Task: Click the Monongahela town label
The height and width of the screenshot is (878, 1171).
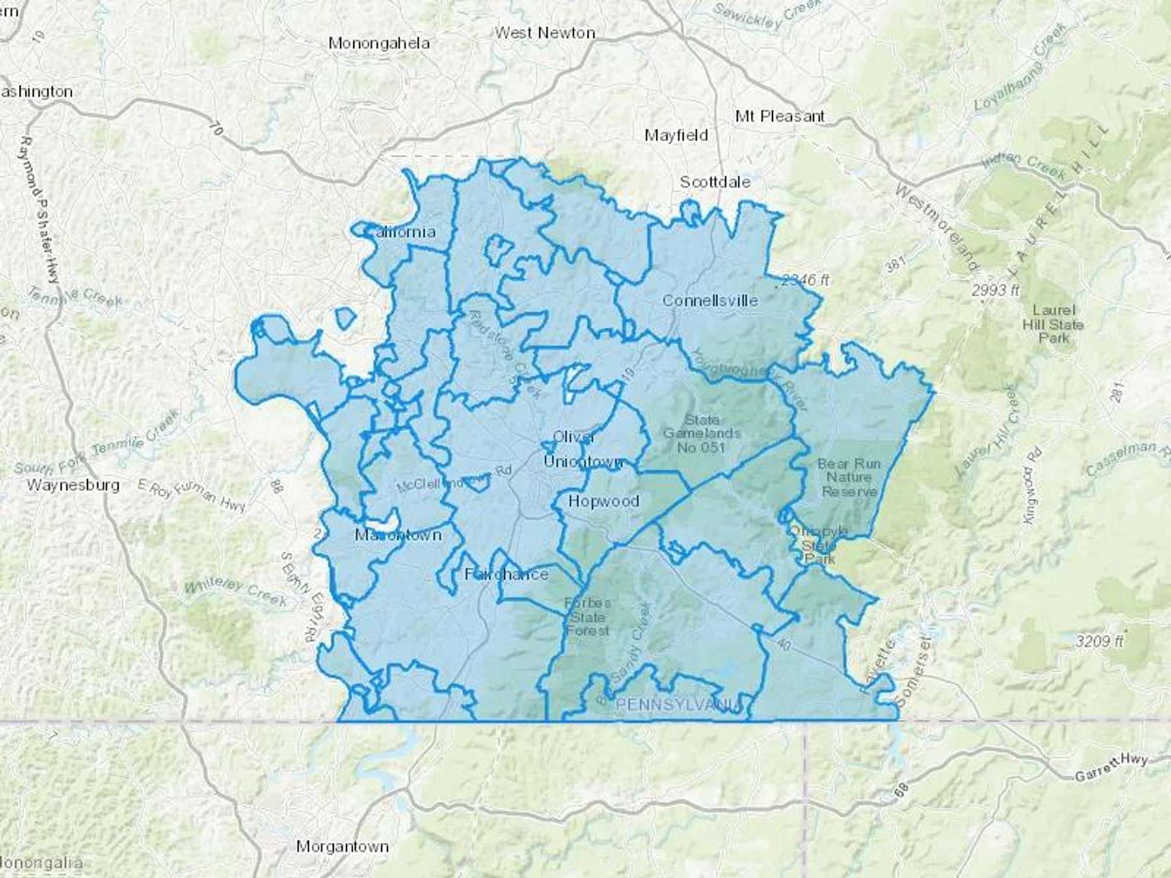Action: [x=379, y=44]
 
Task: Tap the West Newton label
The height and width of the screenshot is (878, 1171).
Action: [x=545, y=33]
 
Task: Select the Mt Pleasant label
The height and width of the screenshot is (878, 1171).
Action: [x=779, y=116]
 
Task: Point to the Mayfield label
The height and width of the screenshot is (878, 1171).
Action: [x=676, y=135]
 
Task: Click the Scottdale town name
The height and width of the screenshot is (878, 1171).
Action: [x=714, y=182]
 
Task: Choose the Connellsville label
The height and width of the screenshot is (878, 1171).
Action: [x=710, y=300]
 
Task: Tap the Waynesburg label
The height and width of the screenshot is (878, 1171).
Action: [x=73, y=485]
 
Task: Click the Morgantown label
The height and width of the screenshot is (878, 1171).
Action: [x=342, y=846]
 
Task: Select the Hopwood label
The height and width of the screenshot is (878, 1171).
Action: [x=603, y=501]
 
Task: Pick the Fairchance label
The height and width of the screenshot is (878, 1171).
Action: [x=506, y=574]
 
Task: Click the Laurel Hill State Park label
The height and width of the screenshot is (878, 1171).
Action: [x=1053, y=324]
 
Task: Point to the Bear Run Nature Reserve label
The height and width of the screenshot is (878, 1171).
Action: [x=849, y=477]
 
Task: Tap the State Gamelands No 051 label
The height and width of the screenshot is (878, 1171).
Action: [x=701, y=433]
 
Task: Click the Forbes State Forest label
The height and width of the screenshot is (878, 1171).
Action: [x=587, y=617]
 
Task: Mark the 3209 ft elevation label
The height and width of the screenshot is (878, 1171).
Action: [x=1099, y=641]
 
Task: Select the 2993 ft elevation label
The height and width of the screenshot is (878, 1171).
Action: [x=995, y=291]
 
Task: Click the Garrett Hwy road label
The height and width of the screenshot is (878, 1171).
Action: [x=1110, y=768]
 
